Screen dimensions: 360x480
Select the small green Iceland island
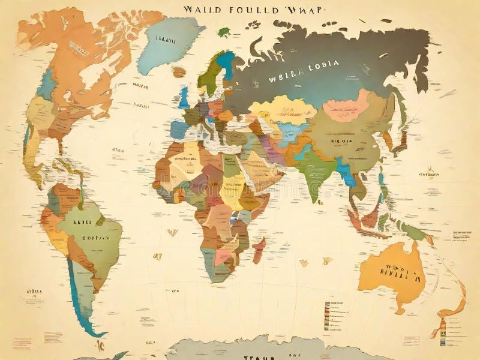tap(224, 31)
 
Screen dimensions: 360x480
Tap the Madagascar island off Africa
tap(259, 249)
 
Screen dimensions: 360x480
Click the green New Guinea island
tap(414, 231)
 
